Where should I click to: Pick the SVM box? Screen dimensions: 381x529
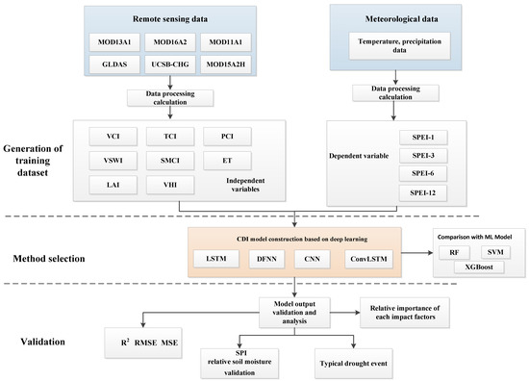tap(494, 252)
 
